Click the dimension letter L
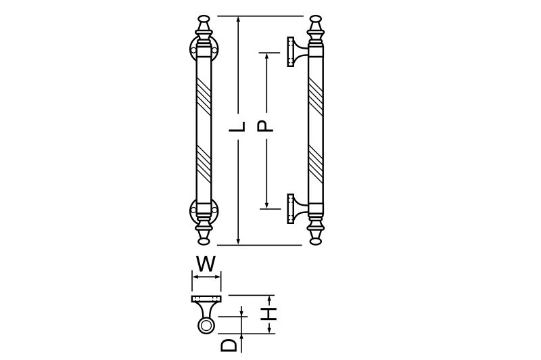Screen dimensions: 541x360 pyautogui.click(x=238, y=127)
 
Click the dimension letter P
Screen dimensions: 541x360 pyautogui.click(x=265, y=126)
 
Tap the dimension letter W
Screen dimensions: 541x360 pyautogui.click(x=206, y=264)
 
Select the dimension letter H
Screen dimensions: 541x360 pyautogui.click(x=268, y=314)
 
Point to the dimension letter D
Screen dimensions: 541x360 pyautogui.click(x=229, y=345)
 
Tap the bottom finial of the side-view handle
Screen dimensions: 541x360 pyautogui.click(x=316, y=234)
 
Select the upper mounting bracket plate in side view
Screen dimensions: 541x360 pyautogui.click(x=291, y=52)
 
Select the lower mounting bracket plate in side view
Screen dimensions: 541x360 pyautogui.click(x=291, y=208)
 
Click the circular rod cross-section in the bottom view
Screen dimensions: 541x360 pyautogui.click(x=206, y=326)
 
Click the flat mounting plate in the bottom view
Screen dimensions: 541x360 pyautogui.click(x=206, y=299)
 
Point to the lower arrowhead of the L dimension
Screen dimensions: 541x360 pyautogui.click(x=238, y=241)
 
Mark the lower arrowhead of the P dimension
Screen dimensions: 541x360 pyautogui.click(x=266, y=204)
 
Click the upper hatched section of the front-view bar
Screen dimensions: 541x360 pyautogui.click(x=204, y=96)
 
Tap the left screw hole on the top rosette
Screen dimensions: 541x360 pyautogui.click(x=193, y=51)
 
